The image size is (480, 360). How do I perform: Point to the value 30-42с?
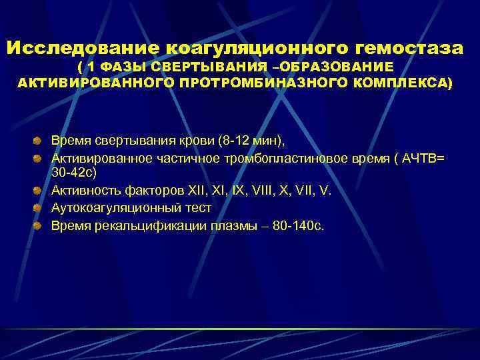[x=74, y=173]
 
